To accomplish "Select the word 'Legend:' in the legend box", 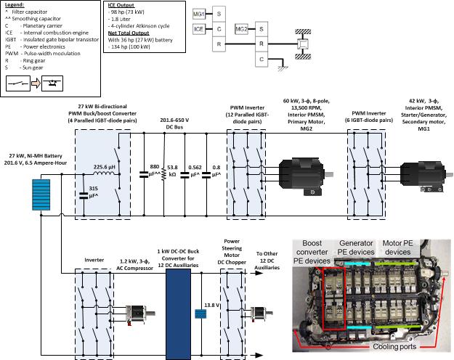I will point(15,6).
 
